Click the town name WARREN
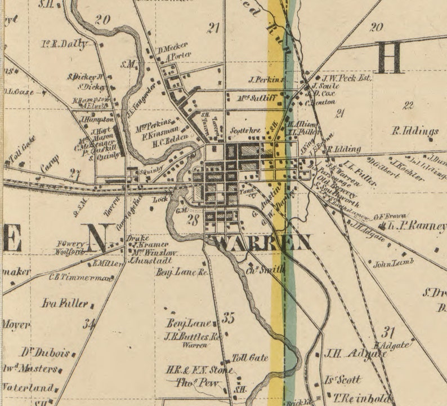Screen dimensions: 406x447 (262, 243)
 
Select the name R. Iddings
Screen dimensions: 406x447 (415, 132)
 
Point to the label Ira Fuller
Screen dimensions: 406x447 (65, 303)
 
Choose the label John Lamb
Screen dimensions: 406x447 (395, 263)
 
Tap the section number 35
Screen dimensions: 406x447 (228, 318)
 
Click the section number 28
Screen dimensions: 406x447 (193, 220)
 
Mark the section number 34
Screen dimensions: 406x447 (88, 324)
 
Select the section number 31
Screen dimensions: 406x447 (388, 332)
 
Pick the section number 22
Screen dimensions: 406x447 (409, 105)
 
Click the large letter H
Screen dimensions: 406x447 (390, 58)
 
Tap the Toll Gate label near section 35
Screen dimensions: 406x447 (250, 358)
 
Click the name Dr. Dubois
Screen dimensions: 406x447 (45, 353)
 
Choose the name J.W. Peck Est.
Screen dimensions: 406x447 (346, 78)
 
